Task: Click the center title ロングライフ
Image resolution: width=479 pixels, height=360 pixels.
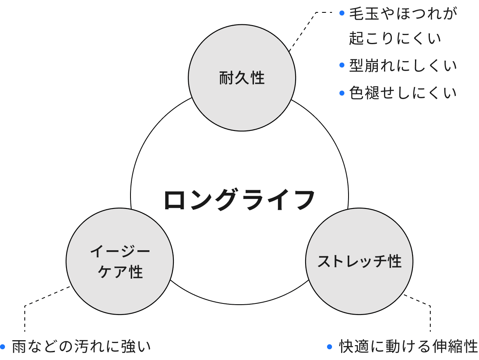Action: click(x=239, y=200)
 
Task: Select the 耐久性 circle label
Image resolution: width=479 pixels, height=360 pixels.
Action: click(x=242, y=78)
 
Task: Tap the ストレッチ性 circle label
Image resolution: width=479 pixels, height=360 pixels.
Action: click(x=359, y=261)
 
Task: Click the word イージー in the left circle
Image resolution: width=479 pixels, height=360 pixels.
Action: click(x=120, y=251)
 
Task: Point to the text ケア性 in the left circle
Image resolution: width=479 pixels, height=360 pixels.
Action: click(x=120, y=272)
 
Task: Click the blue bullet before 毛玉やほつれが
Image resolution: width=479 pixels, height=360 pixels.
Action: click(x=341, y=13)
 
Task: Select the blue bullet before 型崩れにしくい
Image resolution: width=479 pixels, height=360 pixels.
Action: click(x=341, y=65)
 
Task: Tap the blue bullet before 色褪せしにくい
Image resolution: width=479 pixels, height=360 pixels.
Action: click(x=341, y=93)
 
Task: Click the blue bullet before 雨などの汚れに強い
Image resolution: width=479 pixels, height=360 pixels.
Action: click(x=3, y=346)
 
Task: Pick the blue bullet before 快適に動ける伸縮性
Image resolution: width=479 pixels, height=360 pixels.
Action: click(x=329, y=346)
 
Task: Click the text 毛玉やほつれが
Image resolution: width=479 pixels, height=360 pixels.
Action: click(x=403, y=14)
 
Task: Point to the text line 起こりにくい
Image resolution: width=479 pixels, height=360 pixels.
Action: click(x=395, y=38)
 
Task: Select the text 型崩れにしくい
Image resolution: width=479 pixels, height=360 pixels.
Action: click(x=403, y=66)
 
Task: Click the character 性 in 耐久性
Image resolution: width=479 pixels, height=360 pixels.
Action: click(x=257, y=78)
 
